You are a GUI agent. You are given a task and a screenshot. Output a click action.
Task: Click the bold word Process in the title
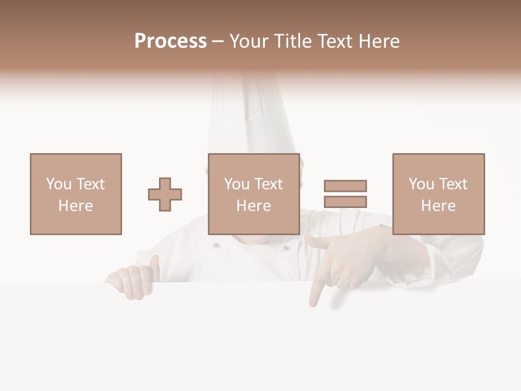coord(170,41)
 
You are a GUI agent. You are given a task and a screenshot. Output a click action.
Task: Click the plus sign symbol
coord(165,194)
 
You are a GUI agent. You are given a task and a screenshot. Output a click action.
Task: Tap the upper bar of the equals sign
coord(345,186)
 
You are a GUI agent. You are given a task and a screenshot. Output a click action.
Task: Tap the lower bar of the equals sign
coord(345,201)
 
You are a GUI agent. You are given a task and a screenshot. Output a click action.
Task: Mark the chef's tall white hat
coord(250,114)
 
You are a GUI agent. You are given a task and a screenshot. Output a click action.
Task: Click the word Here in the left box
coord(75,206)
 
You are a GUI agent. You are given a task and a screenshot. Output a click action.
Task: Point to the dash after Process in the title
coord(218,41)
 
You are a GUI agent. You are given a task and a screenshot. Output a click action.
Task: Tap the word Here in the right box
coord(438,206)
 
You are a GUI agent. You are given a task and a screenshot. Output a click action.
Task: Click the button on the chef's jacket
coord(217,245)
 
